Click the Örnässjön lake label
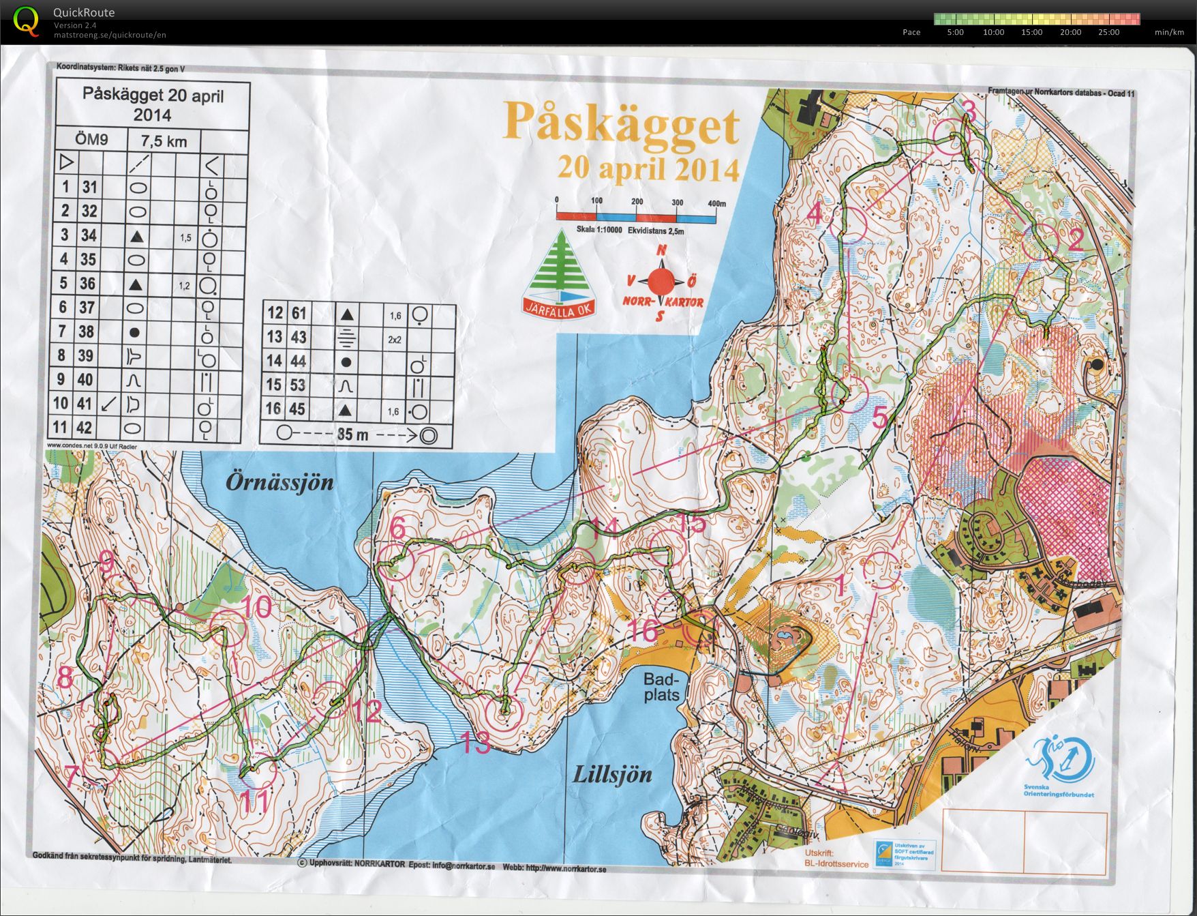click(280, 483)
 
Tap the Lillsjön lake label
click(612, 774)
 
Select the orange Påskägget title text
click(620, 123)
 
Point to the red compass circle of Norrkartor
click(661, 280)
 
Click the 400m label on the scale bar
click(717, 203)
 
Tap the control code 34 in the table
click(89, 235)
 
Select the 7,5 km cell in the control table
click(163, 142)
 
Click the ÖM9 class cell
click(91, 141)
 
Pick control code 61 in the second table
click(298, 313)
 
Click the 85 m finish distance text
click(352, 434)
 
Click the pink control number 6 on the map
click(398, 528)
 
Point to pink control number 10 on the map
click(256, 606)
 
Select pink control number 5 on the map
click(880, 417)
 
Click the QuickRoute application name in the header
click(84, 12)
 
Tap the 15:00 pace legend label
click(1031, 32)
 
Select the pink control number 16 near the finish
click(642, 630)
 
